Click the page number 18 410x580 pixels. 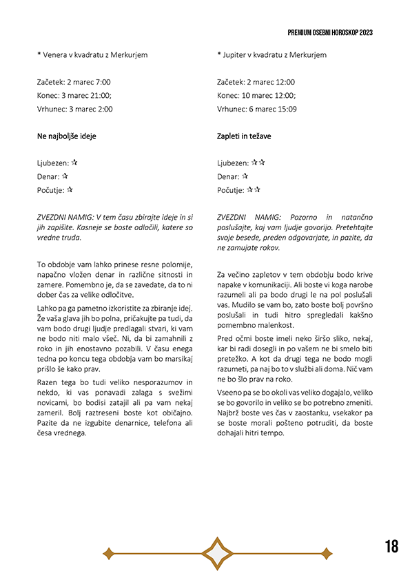[391, 547]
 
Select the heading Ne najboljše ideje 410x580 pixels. [67, 136]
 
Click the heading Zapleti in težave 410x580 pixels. [244, 136]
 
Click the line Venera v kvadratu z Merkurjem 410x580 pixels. [95, 54]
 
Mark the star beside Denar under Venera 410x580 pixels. [64, 176]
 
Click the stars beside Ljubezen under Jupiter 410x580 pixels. [258, 163]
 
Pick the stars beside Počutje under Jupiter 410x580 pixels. [254, 189]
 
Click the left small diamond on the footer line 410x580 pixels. [108, 553]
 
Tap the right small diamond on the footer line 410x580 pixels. [327, 553]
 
